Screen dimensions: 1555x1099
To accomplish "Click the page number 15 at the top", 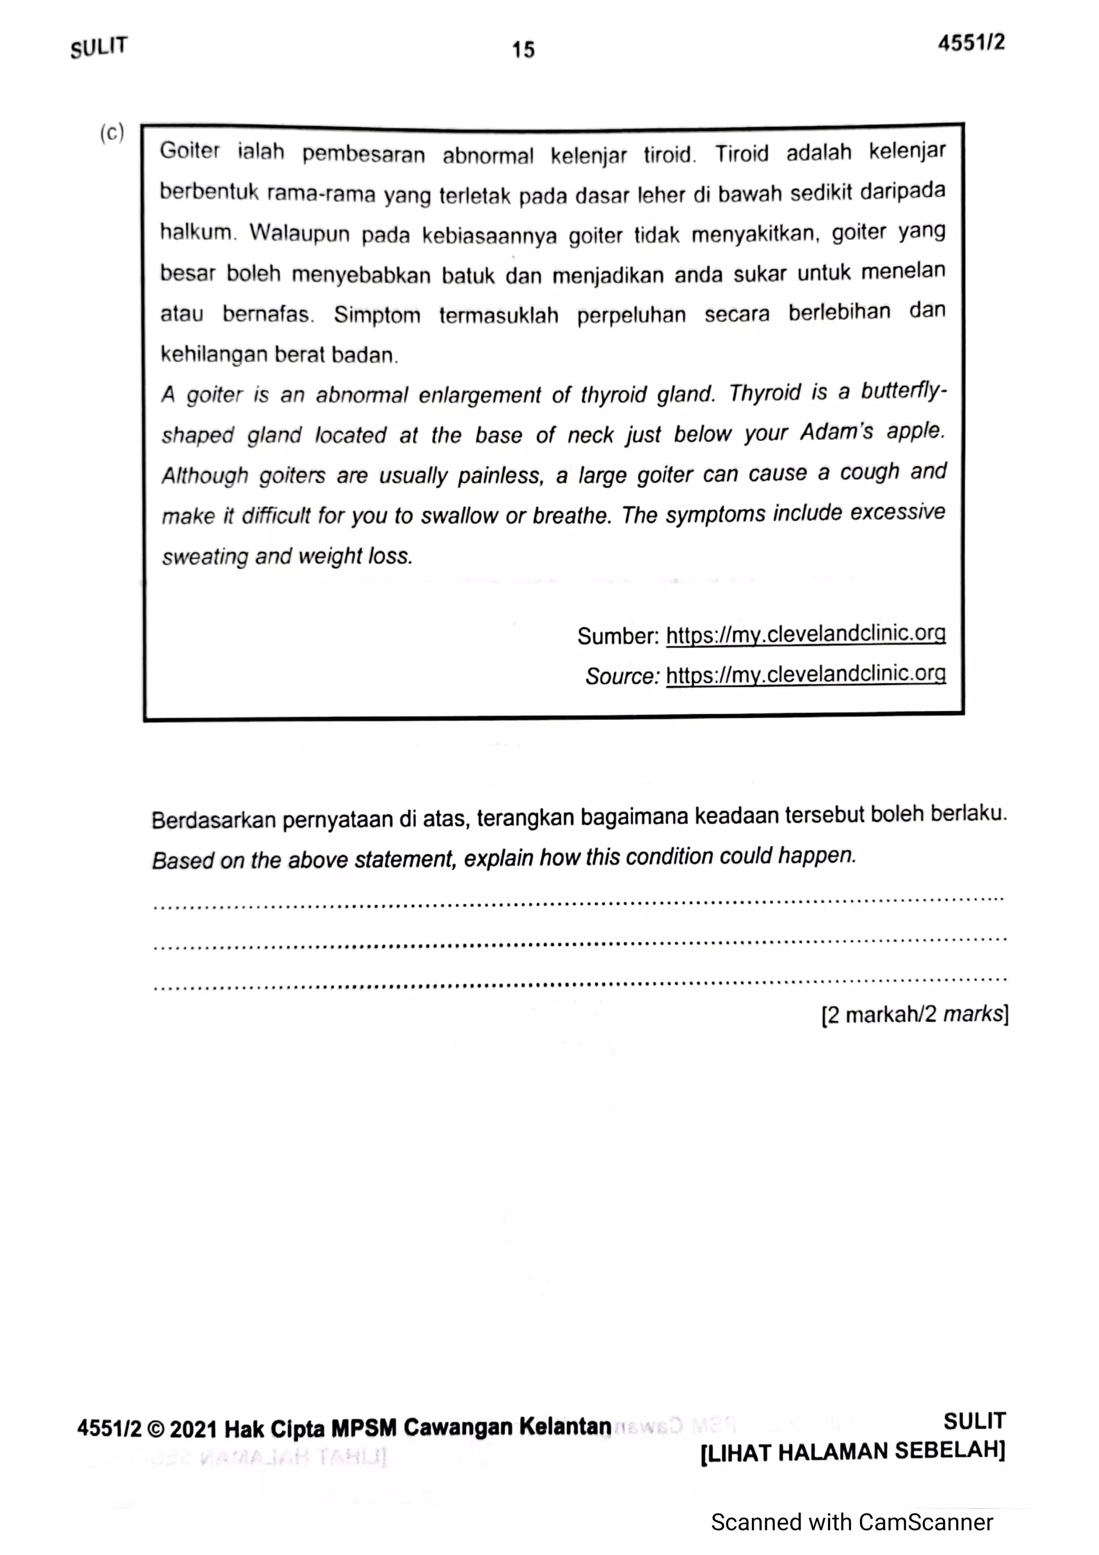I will [x=523, y=49].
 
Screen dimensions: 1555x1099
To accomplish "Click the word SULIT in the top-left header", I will [x=99, y=47].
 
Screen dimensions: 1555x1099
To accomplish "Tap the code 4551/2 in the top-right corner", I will [x=971, y=43].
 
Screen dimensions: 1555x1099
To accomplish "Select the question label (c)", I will [x=112, y=133].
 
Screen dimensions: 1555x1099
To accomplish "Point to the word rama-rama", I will [x=321, y=194].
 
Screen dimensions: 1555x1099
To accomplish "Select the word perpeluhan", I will [x=631, y=315].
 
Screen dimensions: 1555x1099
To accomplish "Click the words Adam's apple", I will [x=872, y=432].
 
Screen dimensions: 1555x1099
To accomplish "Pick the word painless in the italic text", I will [x=500, y=475].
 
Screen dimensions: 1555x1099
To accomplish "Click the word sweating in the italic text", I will [x=205, y=557].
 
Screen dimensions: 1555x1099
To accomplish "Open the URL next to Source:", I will [x=806, y=674].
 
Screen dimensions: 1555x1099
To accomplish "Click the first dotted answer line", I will [x=579, y=901].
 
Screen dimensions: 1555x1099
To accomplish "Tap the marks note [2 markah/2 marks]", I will [x=915, y=1015].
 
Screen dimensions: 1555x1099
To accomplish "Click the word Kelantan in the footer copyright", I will [x=566, y=1427].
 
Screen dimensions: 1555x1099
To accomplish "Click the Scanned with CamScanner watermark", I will [x=851, y=1522].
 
